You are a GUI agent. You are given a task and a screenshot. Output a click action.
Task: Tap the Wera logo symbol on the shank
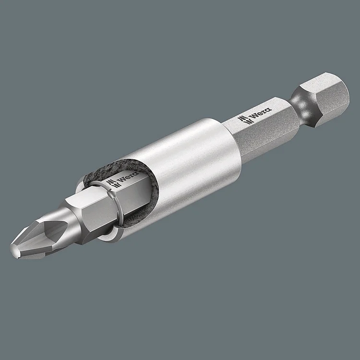tap(243, 120)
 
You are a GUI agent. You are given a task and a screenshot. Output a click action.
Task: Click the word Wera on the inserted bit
tap(126, 180)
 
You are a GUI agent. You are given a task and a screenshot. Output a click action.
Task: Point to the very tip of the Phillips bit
tap(13, 250)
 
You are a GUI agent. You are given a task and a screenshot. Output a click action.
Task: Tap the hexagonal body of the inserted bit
tap(91, 211)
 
